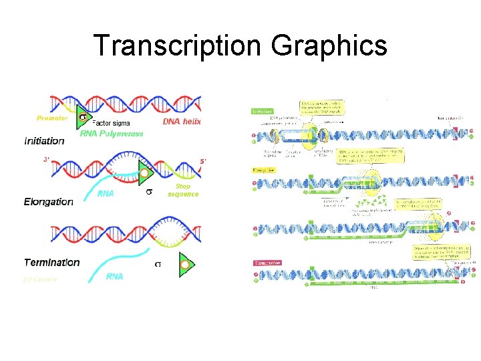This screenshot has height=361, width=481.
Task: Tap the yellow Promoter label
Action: tap(52, 118)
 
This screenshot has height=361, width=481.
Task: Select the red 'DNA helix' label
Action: tap(182, 122)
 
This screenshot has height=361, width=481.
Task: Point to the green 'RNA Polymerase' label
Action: tap(112, 133)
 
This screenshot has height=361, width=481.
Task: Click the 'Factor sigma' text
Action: tap(111, 123)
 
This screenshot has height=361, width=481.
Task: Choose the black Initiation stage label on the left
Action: tap(44, 141)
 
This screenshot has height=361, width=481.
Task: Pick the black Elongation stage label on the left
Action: tap(48, 201)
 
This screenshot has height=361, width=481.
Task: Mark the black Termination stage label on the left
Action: tap(51, 263)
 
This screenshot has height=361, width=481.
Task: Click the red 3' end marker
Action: tap(46, 160)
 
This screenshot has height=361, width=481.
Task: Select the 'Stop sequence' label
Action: tap(182, 190)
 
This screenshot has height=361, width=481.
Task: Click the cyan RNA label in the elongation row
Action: tap(106, 194)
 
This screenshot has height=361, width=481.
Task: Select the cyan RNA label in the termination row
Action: tap(114, 276)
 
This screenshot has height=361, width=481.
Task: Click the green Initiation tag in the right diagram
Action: tap(263, 111)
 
